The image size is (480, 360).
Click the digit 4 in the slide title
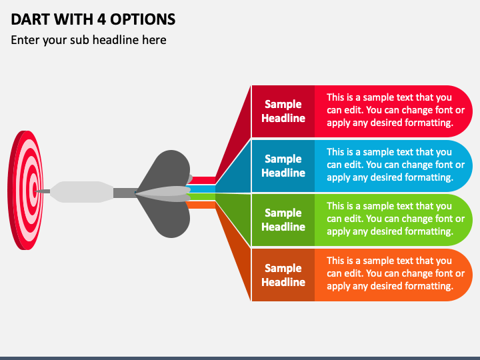click(101, 19)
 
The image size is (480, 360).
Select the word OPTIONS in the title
click(143, 19)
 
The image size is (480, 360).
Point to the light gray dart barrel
click(82, 192)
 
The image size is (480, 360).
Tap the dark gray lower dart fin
click(167, 217)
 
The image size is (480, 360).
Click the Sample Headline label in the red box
click(283, 111)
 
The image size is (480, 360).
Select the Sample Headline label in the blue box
click(283, 166)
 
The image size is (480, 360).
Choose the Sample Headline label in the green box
click(283, 220)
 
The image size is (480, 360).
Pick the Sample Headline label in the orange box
click(283, 275)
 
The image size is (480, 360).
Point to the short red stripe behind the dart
click(203, 180)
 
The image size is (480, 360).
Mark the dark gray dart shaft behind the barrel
click(125, 193)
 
